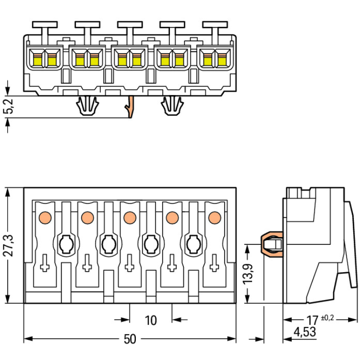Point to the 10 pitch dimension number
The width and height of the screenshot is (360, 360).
pos(151,320)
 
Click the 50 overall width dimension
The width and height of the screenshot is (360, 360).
pos(130,339)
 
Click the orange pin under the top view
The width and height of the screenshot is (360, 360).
pos(129,107)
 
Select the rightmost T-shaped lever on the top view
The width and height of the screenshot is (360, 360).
pos(215,25)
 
